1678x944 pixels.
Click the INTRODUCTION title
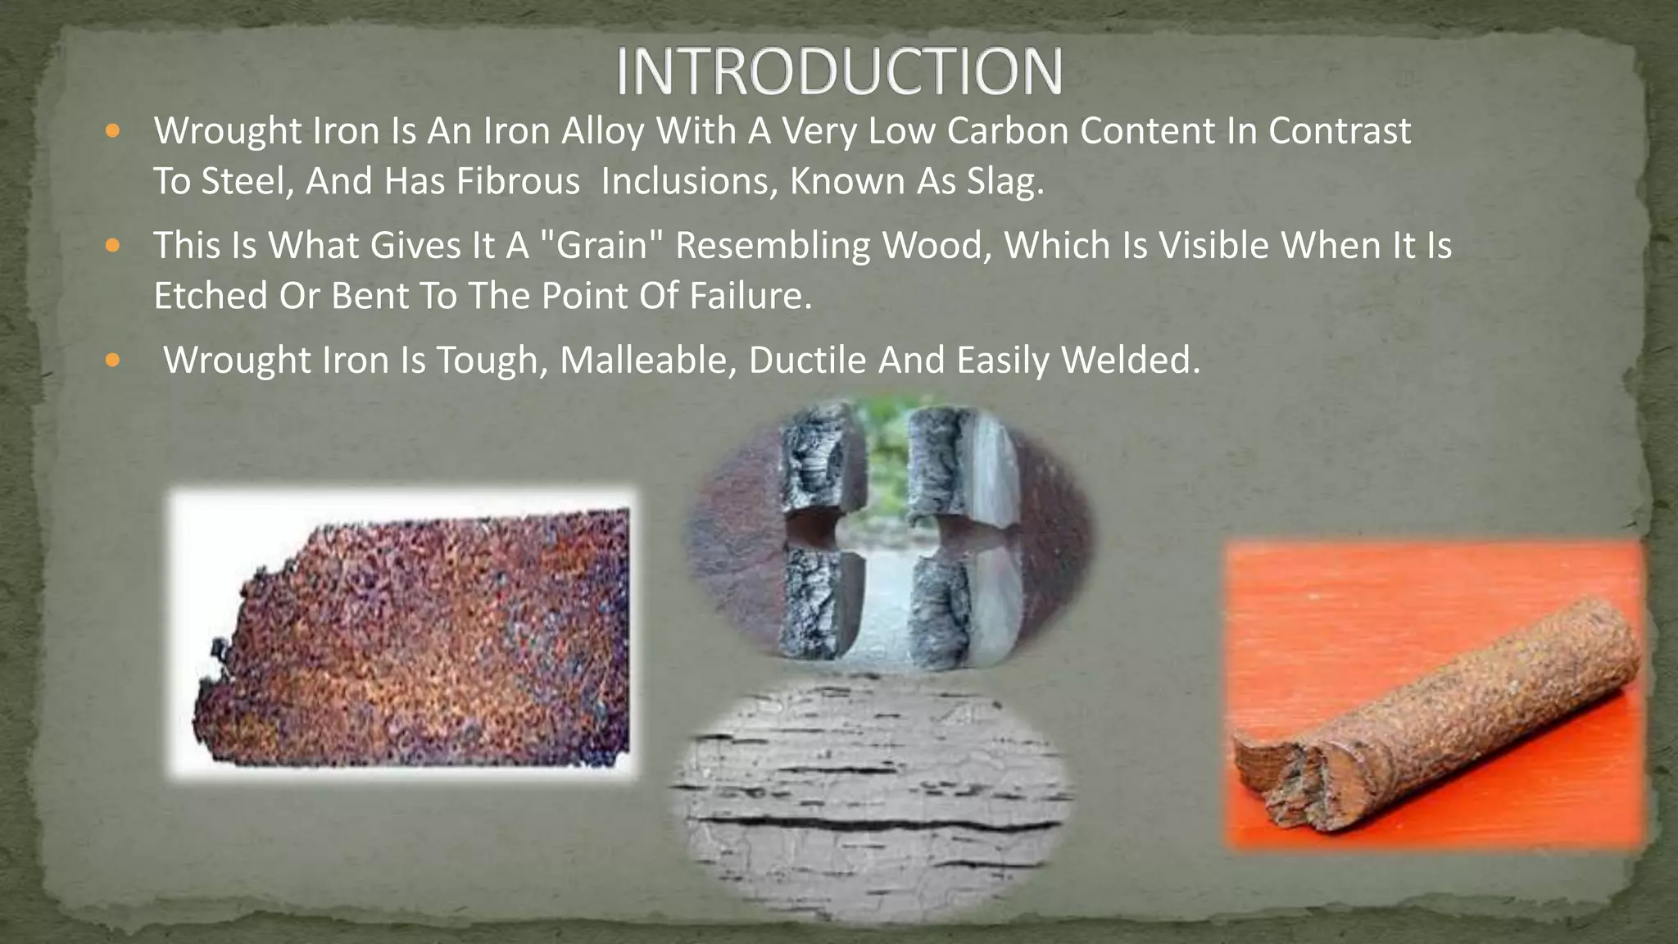839,71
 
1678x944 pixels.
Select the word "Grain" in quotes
602,246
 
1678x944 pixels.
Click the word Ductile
807,361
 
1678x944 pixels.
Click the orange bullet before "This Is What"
113,245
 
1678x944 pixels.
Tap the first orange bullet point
113,130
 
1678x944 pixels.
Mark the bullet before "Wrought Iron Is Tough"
113,360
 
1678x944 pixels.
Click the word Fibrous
518,181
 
